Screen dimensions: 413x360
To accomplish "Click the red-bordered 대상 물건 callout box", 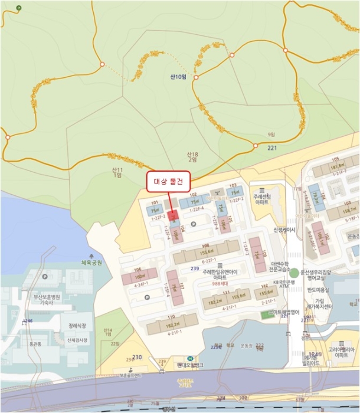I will coord(168,181).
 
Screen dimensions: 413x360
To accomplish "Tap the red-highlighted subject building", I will coord(173,216).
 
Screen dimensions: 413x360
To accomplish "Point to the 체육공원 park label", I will coord(91,263).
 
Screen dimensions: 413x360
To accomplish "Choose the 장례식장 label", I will coord(77,325).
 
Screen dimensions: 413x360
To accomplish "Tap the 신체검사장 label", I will coord(77,340).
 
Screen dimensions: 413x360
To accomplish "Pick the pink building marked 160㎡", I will coord(140,276).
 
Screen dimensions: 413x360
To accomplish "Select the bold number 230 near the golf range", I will coord(138,358).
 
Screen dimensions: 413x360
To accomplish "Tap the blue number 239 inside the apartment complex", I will coord(194,269).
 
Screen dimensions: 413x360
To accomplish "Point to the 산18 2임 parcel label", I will coord(192,157).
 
